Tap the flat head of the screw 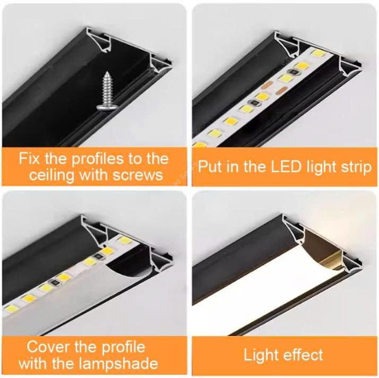[106, 108]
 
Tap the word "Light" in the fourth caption [262, 355]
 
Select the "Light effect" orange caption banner [285, 356]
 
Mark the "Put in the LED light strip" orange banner [285, 167]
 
